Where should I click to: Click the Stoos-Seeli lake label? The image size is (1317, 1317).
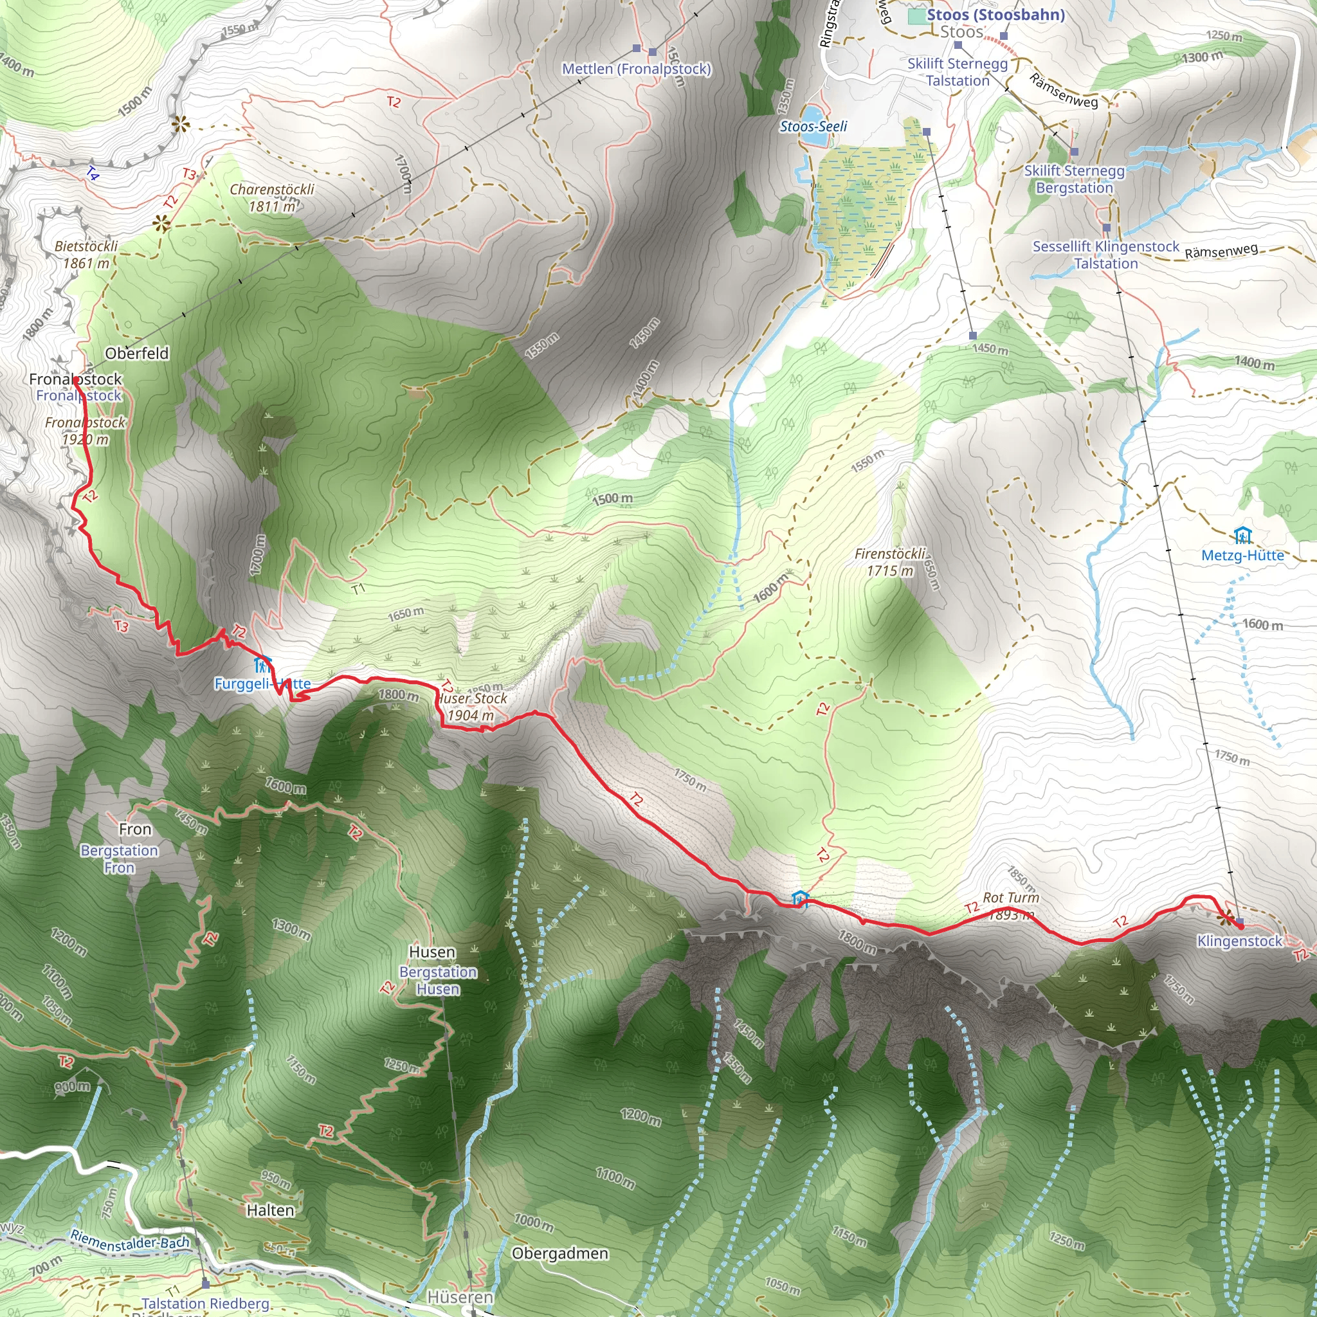pos(813,126)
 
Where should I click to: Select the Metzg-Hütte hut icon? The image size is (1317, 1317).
pos(1242,535)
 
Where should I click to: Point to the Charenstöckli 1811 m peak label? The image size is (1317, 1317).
pos(272,197)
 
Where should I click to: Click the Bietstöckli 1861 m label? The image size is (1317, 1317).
pos(87,254)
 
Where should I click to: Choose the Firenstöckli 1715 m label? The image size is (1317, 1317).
pos(890,563)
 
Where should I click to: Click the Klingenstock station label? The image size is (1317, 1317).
pos(1239,941)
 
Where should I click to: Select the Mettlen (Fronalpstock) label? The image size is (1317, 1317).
pos(636,69)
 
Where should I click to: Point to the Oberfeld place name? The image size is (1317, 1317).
pos(136,353)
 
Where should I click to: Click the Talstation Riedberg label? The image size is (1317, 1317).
pos(205,1303)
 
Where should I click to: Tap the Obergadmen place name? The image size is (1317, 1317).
pos(559,1253)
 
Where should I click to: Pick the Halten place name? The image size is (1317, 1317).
pos(270,1210)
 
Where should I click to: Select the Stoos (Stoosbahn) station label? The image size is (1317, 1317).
pos(995,15)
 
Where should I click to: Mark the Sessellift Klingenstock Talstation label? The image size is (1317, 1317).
pos(1105,255)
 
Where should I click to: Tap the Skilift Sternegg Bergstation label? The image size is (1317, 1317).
pos(1075,179)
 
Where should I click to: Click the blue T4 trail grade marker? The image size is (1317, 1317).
pos(93,174)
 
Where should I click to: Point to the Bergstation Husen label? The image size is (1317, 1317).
pos(438,980)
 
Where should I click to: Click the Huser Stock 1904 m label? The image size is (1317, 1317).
pos(472,707)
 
